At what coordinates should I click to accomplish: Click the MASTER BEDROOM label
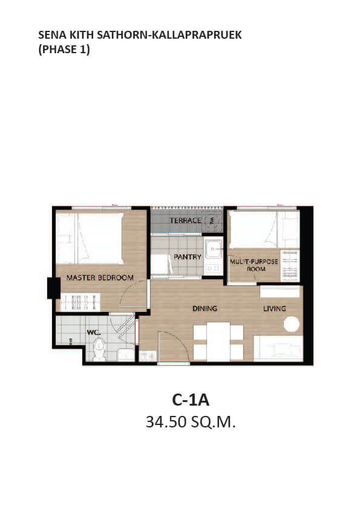[100, 277]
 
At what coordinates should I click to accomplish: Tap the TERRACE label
[185, 221]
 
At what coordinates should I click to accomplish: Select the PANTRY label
[188, 257]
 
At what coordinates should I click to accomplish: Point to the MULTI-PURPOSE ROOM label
[254, 265]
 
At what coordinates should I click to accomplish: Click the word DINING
[205, 308]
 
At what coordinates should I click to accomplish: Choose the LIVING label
[275, 308]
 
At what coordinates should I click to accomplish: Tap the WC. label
[94, 332]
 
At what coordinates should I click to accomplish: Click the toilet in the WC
[99, 349]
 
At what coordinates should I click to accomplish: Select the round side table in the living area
[292, 324]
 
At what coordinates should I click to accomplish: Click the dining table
[218, 341]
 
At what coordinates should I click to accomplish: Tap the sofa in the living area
[278, 348]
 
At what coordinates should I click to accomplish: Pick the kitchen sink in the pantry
[213, 249]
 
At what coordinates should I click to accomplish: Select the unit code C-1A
[191, 400]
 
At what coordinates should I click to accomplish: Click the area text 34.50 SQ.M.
[191, 422]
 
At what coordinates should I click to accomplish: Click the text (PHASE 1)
[64, 50]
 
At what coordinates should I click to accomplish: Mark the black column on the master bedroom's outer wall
[54, 288]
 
